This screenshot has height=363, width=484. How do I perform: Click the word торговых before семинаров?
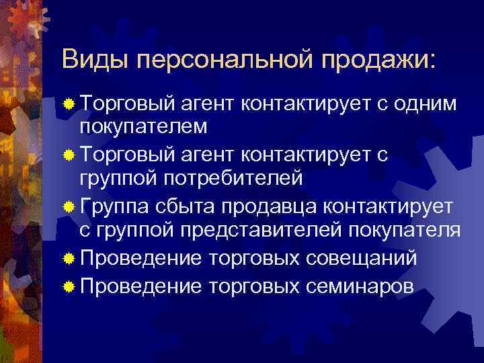(x=255, y=286)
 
